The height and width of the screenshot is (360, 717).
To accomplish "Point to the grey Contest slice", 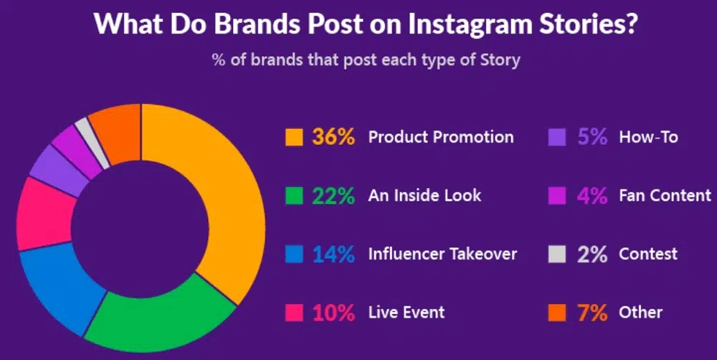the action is tap(92, 142).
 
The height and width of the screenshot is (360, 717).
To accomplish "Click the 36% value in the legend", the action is tap(333, 137).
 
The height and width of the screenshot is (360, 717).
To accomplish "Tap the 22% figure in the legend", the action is tap(333, 196).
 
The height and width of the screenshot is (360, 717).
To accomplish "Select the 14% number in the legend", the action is tap(333, 255).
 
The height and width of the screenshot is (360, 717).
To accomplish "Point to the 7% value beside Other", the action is tap(592, 313).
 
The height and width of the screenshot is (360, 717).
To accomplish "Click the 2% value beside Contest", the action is tap(592, 255).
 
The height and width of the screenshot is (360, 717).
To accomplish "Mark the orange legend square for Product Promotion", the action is tap(294, 137).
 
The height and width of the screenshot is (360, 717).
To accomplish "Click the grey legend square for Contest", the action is tap(557, 255).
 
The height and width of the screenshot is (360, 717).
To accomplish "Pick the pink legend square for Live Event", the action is tap(294, 313).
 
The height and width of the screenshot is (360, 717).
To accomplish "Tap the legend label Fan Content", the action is tap(665, 196).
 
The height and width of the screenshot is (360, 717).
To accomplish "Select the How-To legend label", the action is tap(648, 137).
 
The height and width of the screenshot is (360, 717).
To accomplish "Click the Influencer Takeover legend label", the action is tap(442, 255).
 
